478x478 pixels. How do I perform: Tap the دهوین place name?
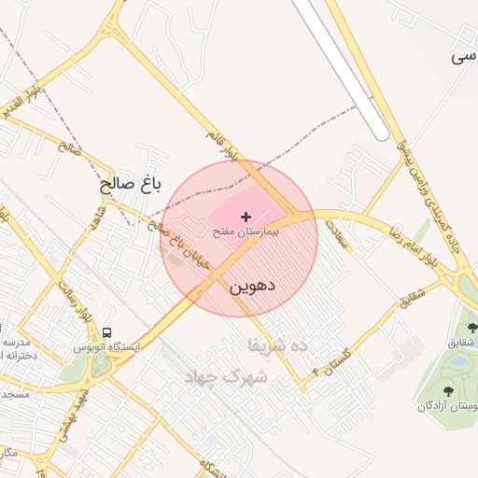pyautogui.click(x=252, y=286)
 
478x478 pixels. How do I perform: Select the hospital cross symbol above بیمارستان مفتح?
pyautogui.click(x=246, y=217)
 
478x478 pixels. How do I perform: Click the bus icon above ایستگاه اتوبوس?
pyautogui.click(x=109, y=332)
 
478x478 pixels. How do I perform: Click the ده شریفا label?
pyautogui.click(x=277, y=344)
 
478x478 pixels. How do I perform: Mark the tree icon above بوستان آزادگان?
pyautogui.click(x=449, y=391)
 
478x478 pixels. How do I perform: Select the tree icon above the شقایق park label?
pyautogui.click(x=471, y=328)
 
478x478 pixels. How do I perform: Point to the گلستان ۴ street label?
pyautogui.click(x=331, y=359)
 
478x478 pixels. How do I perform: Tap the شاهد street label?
pyautogui.click(x=96, y=220)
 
